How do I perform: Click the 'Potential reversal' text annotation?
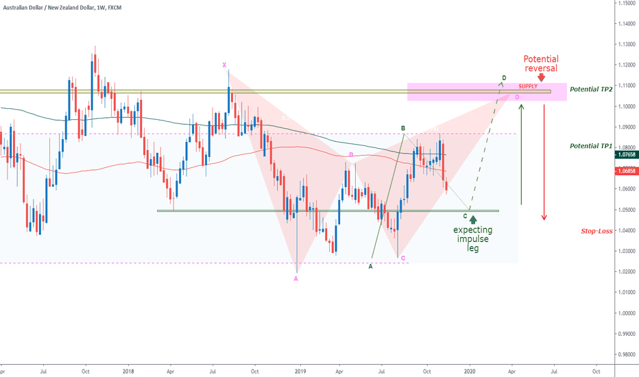point(541,64)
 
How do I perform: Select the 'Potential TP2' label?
point(590,90)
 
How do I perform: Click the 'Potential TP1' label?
point(590,147)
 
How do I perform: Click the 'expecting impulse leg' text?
point(472,239)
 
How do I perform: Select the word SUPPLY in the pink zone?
point(528,86)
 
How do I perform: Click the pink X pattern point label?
point(224,65)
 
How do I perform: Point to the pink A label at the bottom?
point(296,278)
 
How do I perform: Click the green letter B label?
point(403,128)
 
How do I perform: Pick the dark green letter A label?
point(371,266)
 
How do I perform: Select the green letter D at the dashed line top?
point(504,78)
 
